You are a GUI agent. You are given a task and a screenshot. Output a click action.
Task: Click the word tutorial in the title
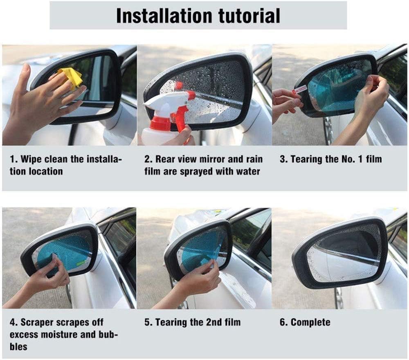click(252, 16)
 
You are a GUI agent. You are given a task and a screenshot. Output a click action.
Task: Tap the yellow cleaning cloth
click(71, 77)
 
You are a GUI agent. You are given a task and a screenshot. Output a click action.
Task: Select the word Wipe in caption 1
click(31, 159)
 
